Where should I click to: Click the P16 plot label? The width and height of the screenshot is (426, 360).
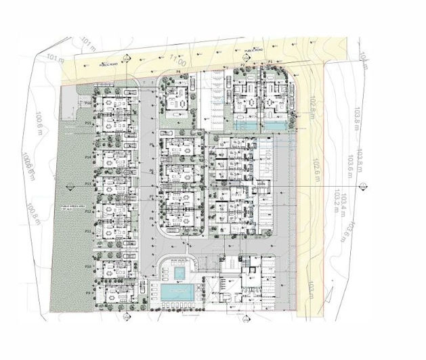(89, 101)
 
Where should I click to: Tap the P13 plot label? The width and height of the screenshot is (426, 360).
(88, 183)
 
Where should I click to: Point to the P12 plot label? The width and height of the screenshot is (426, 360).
(88, 211)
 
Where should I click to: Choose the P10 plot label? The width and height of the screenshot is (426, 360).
(88, 267)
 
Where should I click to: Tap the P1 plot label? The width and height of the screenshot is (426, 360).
(270, 62)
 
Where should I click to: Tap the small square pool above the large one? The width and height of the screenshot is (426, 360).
(179, 272)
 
